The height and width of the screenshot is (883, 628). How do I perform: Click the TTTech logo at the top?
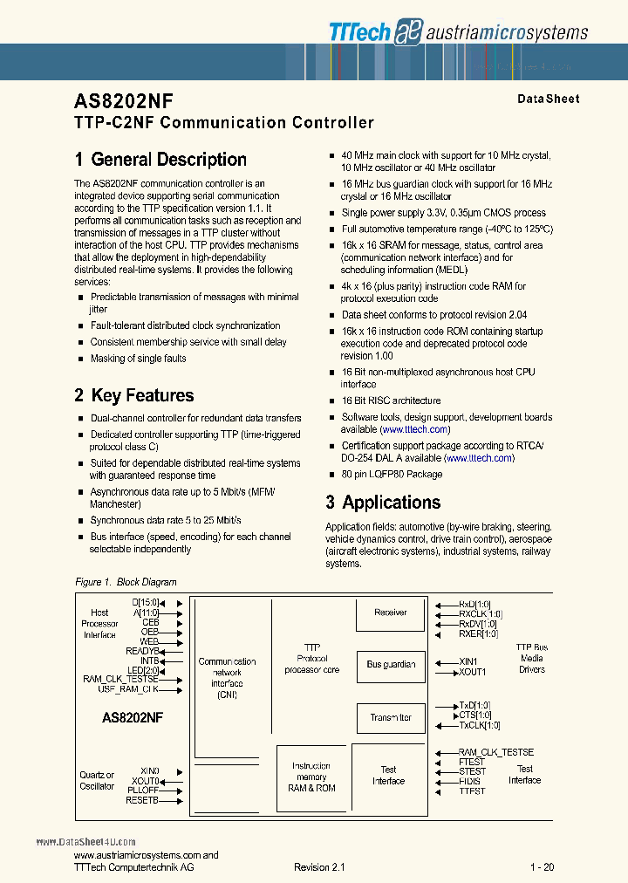(361, 31)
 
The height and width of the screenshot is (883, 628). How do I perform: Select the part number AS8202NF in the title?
(123, 100)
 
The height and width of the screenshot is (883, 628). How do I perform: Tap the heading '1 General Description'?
(160, 160)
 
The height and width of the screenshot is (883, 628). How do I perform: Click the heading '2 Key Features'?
(134, 396)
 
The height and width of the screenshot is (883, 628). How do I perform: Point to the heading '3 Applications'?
(383, 503)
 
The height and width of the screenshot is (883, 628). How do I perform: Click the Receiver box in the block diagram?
(390, 613)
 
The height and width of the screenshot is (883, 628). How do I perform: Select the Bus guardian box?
(390, 665)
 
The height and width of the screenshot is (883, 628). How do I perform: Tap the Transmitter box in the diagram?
(390, 718)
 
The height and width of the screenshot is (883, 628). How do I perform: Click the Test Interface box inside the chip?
(388, 776)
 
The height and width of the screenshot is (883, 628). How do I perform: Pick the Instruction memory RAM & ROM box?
(311, 777)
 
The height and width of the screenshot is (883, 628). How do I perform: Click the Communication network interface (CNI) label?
(227, 678)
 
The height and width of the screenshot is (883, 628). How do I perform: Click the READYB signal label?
(142, 651)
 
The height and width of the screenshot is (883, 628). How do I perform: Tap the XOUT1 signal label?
(472, 672)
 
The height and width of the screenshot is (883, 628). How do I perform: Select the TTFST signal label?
(472, 791)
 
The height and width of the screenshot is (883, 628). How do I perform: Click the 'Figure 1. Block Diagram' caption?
(126, 582)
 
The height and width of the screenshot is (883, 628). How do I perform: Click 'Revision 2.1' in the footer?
(319, 867)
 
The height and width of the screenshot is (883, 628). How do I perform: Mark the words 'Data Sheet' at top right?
(548, 99)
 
